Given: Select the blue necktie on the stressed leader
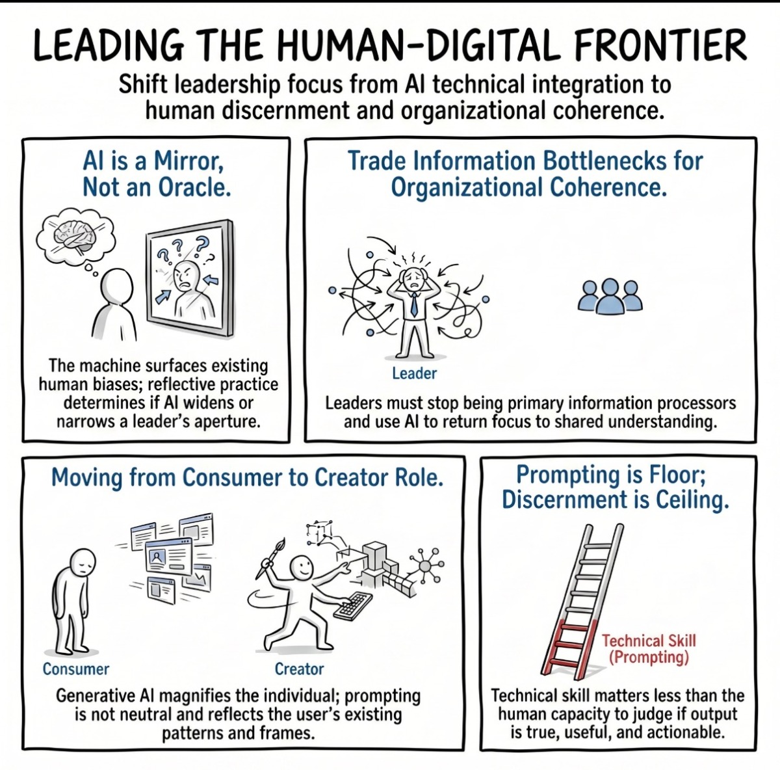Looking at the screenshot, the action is (414, 303).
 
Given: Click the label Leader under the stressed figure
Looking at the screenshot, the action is (415, 373).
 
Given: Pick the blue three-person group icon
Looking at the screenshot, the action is (611, 297).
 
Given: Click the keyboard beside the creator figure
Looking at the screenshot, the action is (352, 607).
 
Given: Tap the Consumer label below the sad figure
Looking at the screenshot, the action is (76, 669).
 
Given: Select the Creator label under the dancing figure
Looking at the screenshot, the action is (299, 669).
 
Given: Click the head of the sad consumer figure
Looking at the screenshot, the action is (83, 562).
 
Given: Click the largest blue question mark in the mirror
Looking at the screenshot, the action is (202, 246).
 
